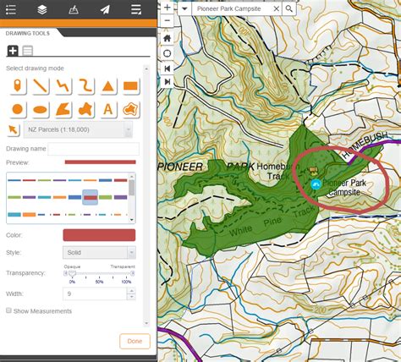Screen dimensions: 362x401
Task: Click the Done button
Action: click(x=135, y=341)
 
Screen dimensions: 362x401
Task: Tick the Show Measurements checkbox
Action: click(x=9, y=311)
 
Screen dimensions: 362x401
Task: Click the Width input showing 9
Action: click(x=95, y=293)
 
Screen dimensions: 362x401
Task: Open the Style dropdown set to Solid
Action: click(x=99, y=252)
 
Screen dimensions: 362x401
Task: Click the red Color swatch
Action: click(x=99, y=235)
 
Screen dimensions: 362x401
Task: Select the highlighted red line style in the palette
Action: click(x=90, y=197)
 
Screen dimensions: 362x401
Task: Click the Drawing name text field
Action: click(x=93, y=149)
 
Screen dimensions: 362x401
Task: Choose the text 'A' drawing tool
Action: click(x=108, y=108)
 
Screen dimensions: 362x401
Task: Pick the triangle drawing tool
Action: click(x=108, y=85)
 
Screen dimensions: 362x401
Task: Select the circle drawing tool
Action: click(x=17, y=108)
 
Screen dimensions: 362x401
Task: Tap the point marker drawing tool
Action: click(x=17, y=85)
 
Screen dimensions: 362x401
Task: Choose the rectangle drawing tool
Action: click(x=130, y=85)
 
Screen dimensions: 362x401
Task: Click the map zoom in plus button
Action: click(x=168, y=8)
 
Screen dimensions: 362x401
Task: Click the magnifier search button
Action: click(x=289, y=8)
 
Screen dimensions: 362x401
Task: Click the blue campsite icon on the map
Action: click(x=316, y=183)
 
